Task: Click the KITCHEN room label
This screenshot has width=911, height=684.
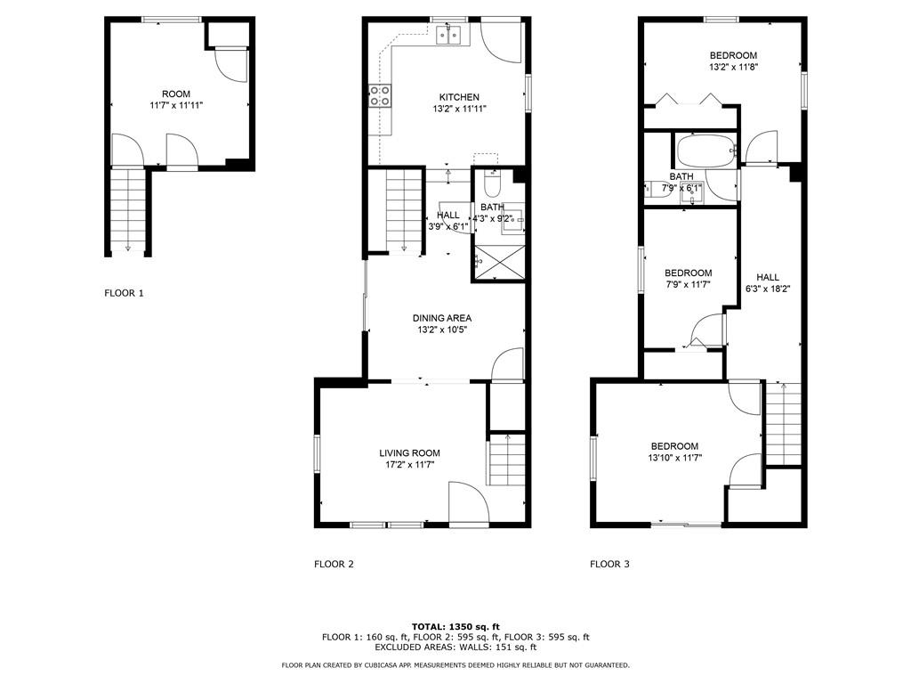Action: click(x=459, y=97)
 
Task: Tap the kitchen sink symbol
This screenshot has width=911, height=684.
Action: click(x=449, y=36)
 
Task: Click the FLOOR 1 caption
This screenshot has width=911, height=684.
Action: click(x=124, y=293)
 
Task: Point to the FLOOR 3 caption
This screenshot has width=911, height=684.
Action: click(x=609, y=564)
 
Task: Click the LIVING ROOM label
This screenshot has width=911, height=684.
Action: click(x=409, y=453)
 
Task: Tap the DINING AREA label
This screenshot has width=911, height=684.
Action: click(x=442, y=318)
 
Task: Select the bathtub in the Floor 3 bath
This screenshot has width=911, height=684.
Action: click(x=705, y=151)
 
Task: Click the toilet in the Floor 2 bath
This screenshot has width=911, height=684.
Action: click(x=491, y=185)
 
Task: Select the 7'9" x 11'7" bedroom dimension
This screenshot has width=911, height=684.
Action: click(x=688, y=284)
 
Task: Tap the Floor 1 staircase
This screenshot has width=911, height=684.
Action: click(x=128, y=210)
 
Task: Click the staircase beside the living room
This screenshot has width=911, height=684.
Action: click(x=506, y=460)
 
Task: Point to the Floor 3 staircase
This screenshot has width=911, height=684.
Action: click(x=784, y=423)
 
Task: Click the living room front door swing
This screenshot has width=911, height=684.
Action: click(x=469, y=504)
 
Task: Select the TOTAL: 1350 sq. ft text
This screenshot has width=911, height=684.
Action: click(x=455, y=626)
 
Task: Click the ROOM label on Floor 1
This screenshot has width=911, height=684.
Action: click(x=176, y=94)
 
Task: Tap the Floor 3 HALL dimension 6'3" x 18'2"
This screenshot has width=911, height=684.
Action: click(x=768, y=289)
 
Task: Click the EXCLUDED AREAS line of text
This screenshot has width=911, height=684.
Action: click(x=455, y=647)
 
